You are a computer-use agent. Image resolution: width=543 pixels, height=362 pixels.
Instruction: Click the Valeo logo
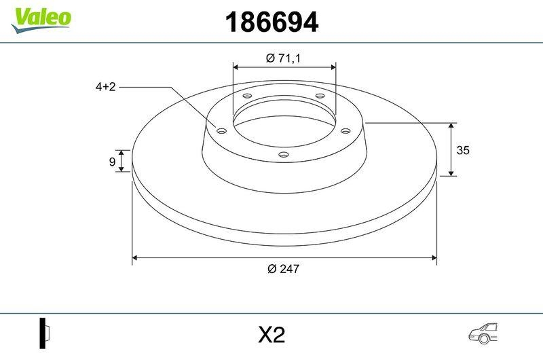tap(41, 17)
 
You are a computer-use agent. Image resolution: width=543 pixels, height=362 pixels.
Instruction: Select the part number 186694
tap(271, 23)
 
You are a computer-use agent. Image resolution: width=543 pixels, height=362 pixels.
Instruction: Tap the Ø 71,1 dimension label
tap(283, 58)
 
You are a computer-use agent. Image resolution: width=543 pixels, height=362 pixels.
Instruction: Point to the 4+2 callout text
tap(105, 87)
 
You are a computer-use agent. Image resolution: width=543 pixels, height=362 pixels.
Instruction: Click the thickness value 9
tap(111, 161)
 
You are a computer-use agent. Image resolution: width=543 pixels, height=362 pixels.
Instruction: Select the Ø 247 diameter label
tap(283, 269)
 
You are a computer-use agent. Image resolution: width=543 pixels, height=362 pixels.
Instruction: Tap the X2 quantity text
tap(271, 335)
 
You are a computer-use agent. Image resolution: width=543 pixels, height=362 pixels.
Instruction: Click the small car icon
tap(483, 333)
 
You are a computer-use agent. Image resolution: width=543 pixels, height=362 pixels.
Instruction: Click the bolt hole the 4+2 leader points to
tap(221, 130)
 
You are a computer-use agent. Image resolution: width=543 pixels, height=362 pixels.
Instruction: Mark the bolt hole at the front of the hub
tap(284, 156)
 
